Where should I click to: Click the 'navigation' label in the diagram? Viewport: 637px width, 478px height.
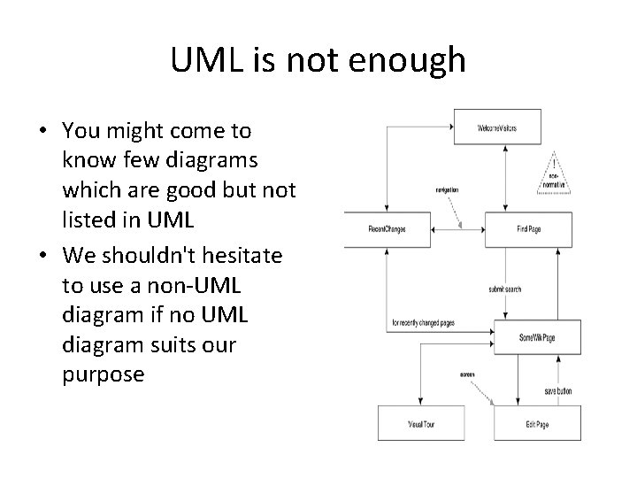click(x=446, y=189)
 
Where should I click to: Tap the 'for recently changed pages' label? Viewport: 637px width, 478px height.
click(x=426, y=323)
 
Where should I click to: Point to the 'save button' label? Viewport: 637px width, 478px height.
click(x=557, y=391)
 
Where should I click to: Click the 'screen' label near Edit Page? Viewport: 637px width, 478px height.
click(x=467, y=374)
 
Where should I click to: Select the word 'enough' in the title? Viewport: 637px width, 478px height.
click(x=411, y=60)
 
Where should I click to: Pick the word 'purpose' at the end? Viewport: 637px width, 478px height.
click(x=103, y=374)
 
